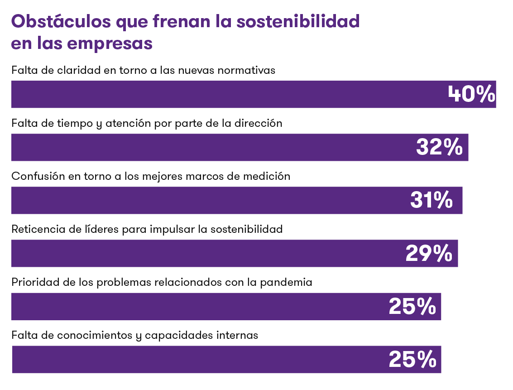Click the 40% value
[471, 95]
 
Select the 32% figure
[439, 148]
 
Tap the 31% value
[431, 201]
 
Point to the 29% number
[428, 254]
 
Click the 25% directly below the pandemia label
[412, 307]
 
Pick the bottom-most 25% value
[412, 360]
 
